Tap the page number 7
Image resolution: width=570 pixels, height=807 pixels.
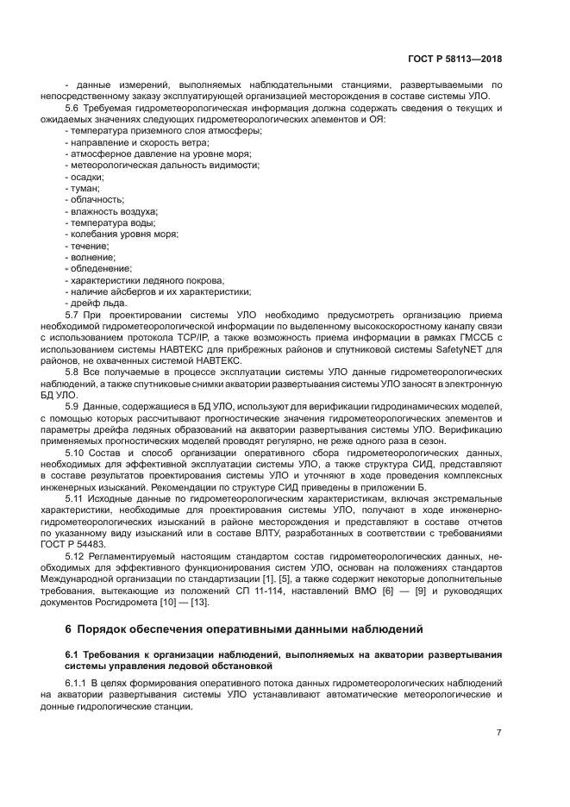(x=499, y=733)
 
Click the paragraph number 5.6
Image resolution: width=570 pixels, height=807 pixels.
(x=72, y=108)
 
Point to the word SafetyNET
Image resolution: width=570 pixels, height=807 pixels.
(x=460, y=350)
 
